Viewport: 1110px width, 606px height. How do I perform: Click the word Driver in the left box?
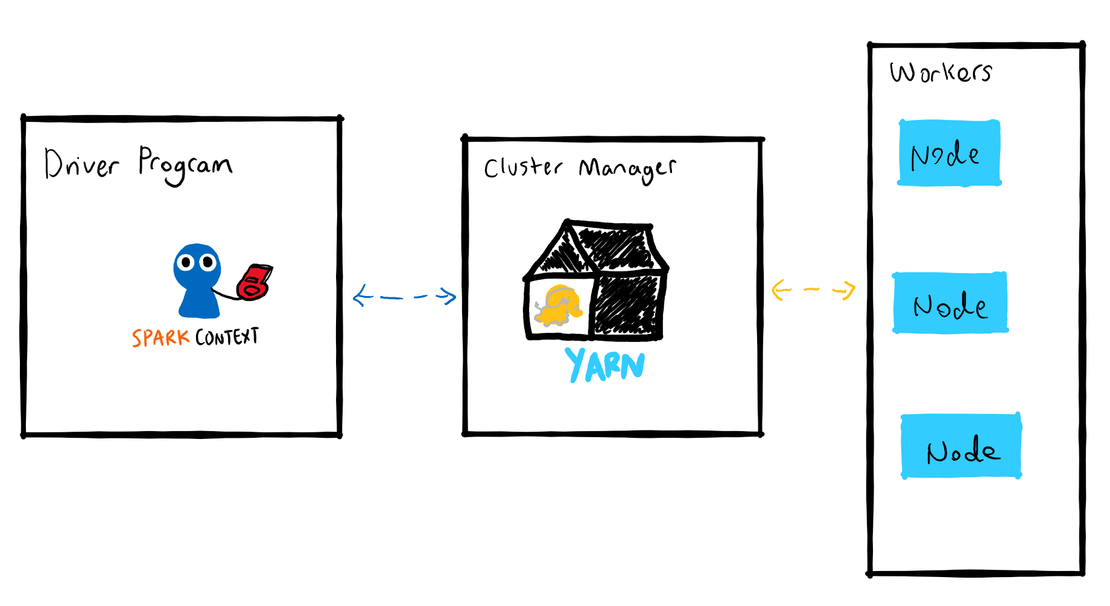[81, 163]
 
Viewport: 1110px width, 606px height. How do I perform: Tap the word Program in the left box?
[185, 165]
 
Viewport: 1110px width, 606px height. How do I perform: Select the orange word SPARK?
[160, 338]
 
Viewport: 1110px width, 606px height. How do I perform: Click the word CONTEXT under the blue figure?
[227, 336]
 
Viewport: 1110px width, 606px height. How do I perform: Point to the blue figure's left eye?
[186, 262]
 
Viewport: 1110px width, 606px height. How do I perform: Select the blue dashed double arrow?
[404, 296]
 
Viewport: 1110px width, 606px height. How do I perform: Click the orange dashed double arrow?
[813, 289]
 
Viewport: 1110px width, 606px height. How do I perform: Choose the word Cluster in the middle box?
[523, 167]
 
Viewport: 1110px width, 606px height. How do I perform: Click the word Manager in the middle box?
[627, 169]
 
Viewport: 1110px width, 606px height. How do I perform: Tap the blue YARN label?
[605, 365]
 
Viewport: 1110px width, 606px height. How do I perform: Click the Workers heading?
[940, 72]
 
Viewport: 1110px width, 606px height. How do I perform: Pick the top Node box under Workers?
[950, 153]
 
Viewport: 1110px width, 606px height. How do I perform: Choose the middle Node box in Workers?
[950, 303]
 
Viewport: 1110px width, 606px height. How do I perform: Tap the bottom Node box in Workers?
[962, 446]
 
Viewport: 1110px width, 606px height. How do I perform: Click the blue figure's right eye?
[208, 262]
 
